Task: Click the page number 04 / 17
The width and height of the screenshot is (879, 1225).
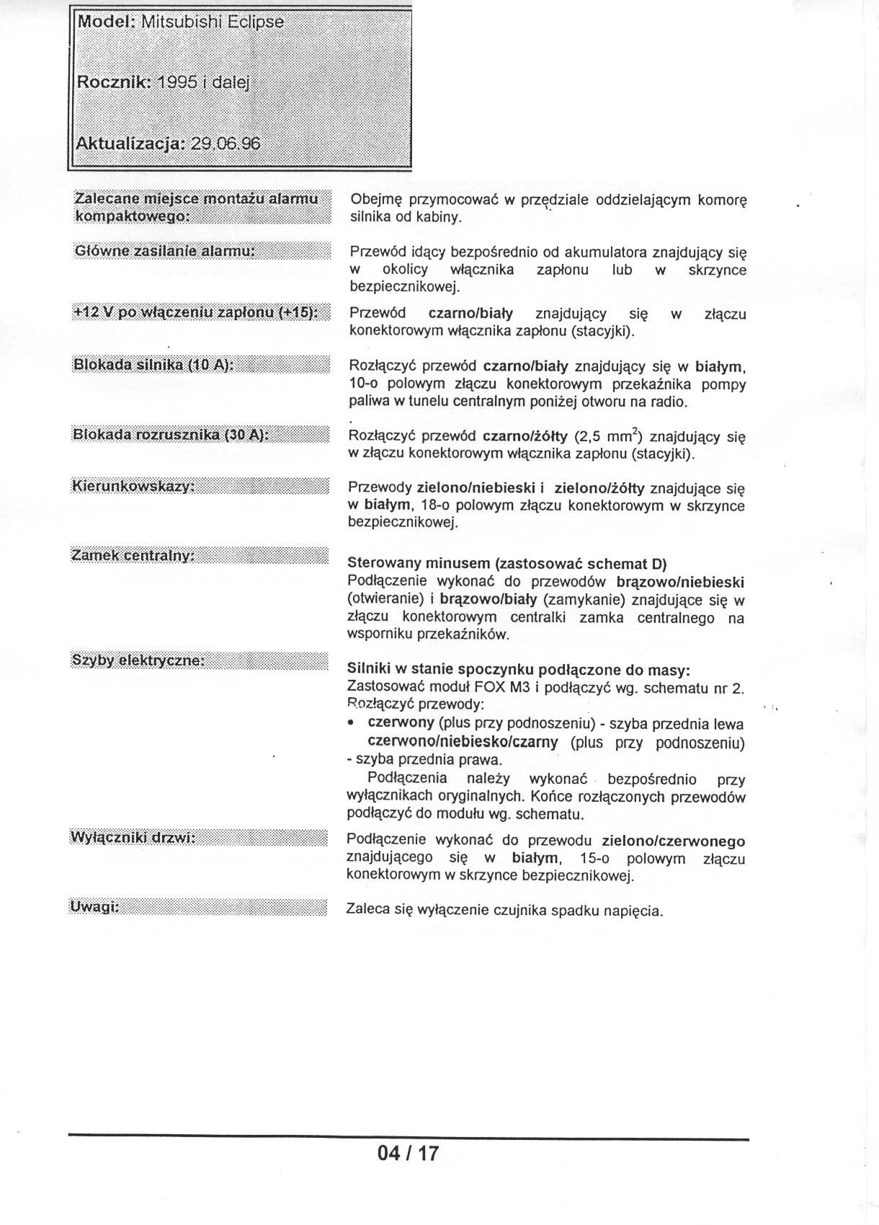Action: point(408,1153)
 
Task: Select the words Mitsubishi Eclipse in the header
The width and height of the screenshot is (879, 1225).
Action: point(212,22)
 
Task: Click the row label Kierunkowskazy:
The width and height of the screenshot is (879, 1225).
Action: point(133,486)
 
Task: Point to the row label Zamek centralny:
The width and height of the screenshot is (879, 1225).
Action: point(133,555)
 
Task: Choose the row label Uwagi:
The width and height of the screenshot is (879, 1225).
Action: point(94,906)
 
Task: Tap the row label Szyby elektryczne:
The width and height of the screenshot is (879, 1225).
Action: point(138,660)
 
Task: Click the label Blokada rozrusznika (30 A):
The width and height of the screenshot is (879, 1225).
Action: point(171,434)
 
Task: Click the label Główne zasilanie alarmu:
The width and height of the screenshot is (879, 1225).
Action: point(166,251)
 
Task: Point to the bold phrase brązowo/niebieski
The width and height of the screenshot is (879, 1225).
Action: point(680,581)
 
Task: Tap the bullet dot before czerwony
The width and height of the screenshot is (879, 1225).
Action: point(351,723)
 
